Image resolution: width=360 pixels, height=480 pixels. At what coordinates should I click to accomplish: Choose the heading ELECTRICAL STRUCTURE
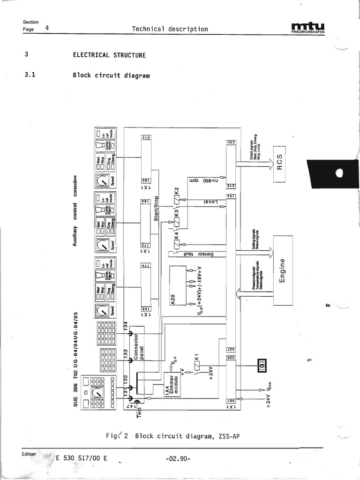(109, 55)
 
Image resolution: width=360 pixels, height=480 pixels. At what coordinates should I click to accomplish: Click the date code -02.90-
(178, 458)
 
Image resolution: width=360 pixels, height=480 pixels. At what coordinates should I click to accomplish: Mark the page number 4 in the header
(47, 28)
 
